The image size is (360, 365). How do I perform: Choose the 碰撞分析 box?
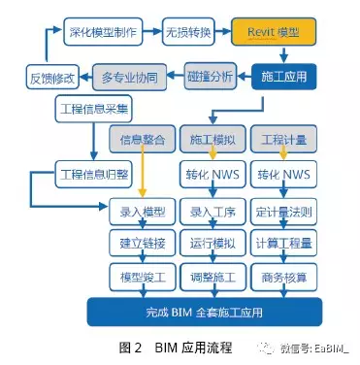tap(210, 75)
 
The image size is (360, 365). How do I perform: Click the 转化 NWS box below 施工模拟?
tap(213, 176)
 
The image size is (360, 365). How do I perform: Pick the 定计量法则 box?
tap(282, 211)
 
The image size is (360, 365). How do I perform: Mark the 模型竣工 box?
tap(143, 279)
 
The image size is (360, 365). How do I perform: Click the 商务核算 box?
tap(282, 279)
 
